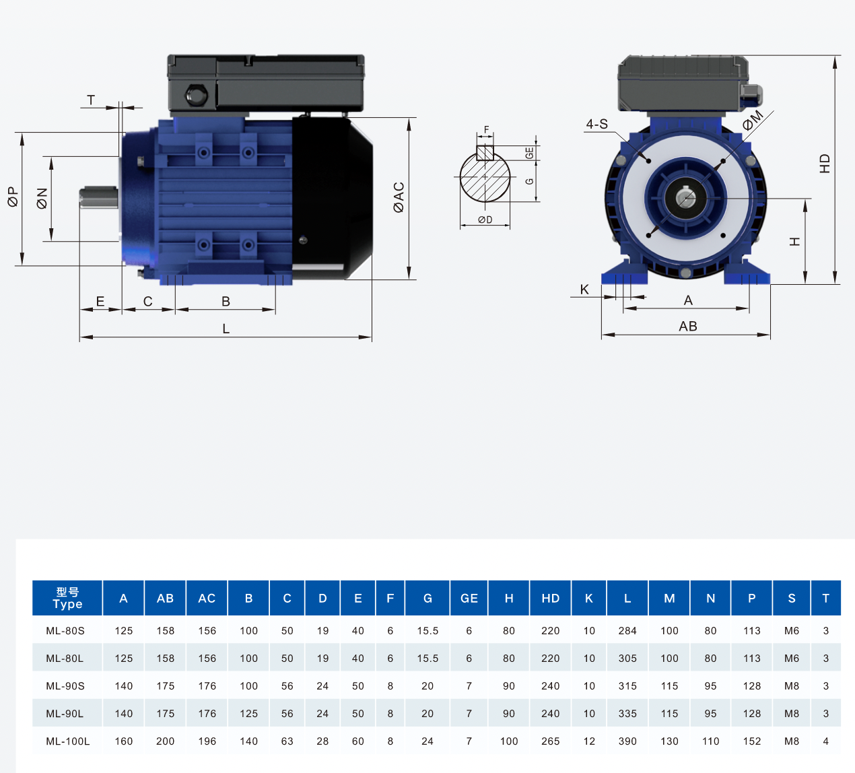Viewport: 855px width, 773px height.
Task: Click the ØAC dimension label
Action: click(x=399, y=197)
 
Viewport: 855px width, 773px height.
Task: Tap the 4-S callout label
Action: click(x=596, y=124)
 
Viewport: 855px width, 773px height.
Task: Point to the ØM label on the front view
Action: click(x=753, y=120)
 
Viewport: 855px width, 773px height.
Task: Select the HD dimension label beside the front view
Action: click(x=825, y=164)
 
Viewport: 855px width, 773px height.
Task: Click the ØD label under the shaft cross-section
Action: click(x=485, y=220)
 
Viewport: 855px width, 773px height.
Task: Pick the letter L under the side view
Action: click(x=226, y=329)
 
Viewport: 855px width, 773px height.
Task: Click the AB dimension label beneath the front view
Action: click(x=687, y=327)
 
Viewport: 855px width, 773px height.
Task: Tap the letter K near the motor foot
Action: click(x=584, y=290)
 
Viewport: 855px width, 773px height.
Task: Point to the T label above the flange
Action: click(x=91, y=100)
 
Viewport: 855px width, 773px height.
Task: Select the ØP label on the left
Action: click(x=13, y=197)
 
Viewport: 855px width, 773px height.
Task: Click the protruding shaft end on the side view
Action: click(x=98, y=198)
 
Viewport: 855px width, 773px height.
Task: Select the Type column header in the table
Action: click(x=67, y=598)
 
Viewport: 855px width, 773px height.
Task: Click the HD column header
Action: click(x=550, y=598)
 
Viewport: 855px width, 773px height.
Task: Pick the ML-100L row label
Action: click(x=67, y=741)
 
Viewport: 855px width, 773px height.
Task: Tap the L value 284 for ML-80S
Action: click(x=627, y=631)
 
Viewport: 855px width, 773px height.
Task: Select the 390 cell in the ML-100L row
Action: click(x=627, y=741)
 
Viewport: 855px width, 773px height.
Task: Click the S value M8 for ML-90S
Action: click(x=792, y=686)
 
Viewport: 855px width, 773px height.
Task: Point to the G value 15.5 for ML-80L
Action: click(x=427, y=659)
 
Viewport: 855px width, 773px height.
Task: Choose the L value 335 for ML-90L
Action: click(x=627, y=714)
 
